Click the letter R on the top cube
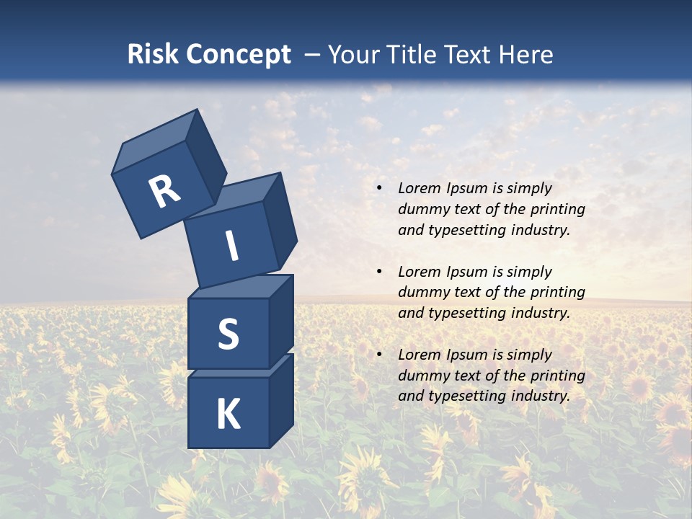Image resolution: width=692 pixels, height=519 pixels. click(x=164, y=192)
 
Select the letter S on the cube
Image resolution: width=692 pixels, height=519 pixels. click(x=228, y=334)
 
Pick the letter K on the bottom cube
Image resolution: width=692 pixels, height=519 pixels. click(x=228, y=414)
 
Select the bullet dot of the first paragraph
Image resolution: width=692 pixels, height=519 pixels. click(x=379, y=188)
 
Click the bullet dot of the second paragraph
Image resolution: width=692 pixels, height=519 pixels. click(x=379, y=272)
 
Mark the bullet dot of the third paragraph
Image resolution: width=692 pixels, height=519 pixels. click(x=379, y=355)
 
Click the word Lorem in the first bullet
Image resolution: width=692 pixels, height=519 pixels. click(x=417, y=188)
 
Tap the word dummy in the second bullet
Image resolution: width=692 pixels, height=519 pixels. click(x=422, y=292)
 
